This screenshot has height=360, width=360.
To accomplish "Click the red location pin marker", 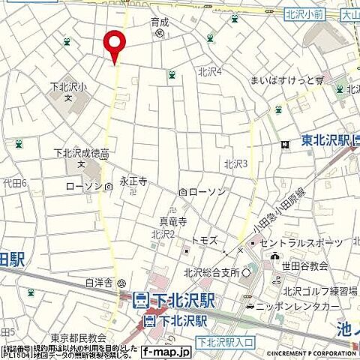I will point(114,46).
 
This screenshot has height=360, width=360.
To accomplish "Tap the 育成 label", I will point(160,22).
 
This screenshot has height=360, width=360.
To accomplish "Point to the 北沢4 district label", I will point(210,72).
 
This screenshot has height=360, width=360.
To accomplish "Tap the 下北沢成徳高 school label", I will point(81,154).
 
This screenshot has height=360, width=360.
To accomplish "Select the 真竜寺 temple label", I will point(172,221).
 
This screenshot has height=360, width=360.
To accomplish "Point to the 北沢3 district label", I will point(235,163).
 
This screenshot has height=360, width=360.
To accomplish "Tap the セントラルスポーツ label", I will point(301,242).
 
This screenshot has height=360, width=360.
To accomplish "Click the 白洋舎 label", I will point(99,283).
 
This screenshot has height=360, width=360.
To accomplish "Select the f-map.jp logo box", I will point(165,351).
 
